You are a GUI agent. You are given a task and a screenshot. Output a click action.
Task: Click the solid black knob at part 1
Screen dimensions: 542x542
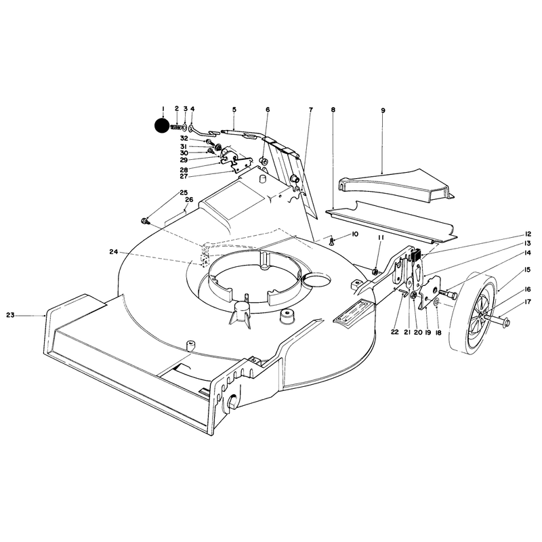(163, 126)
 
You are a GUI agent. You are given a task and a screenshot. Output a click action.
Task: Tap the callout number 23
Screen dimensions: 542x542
(10, 315)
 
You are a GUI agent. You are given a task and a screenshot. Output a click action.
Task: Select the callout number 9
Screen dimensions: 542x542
(383, 110)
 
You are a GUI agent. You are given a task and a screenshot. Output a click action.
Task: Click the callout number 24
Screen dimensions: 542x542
(114, 252)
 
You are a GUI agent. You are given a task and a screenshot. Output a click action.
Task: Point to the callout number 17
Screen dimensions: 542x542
(528, 301)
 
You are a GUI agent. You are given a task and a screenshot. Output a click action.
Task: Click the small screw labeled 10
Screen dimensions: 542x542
(332, 241)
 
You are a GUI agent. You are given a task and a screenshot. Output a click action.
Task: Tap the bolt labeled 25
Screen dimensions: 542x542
(145, 222)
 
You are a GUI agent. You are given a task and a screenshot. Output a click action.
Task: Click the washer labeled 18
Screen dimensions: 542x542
(436, 302)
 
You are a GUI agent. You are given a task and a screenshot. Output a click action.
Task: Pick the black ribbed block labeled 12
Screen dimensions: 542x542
(416, 256)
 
